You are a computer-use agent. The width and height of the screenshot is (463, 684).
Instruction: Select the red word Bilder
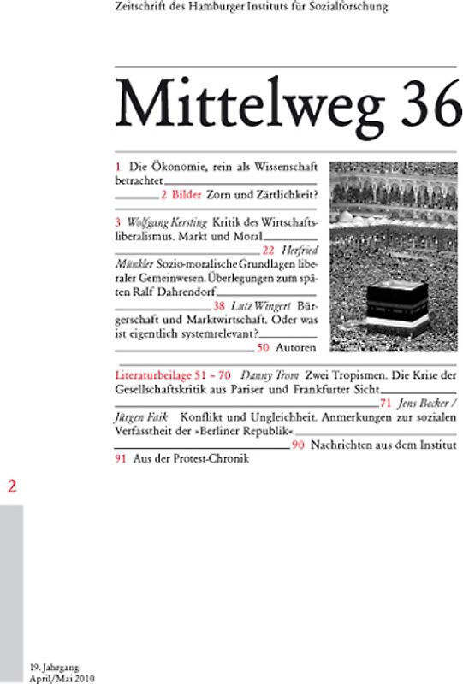191,194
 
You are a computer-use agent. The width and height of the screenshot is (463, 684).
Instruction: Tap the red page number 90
298,445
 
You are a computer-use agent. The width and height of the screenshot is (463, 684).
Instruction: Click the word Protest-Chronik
206,459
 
